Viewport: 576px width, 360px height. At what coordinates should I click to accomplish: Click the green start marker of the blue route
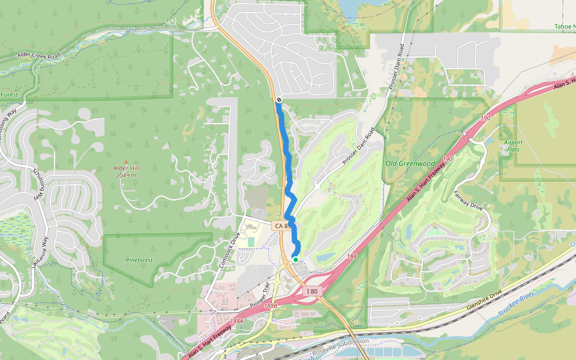click(295, 259)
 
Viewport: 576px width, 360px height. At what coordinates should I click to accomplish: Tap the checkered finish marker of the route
click(280, 99)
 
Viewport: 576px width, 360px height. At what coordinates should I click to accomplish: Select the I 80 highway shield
click(311, 292)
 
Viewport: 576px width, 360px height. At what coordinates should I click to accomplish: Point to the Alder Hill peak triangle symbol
click(125, 161)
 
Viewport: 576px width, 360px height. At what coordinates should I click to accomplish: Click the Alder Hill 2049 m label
click(125, 172)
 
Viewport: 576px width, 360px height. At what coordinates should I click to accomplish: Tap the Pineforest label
click(140, 261)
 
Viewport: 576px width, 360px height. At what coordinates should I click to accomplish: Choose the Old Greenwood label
click(410, 163)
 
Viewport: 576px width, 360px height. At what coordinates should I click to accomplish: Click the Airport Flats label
click(512, 146)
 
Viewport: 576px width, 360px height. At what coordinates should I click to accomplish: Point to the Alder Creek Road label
click(40, 55)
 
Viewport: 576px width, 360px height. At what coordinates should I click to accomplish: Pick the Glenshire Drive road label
click(484, 305)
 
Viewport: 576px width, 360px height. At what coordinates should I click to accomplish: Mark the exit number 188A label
click(237, 321)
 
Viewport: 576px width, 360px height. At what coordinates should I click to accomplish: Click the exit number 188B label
click(271, 305)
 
